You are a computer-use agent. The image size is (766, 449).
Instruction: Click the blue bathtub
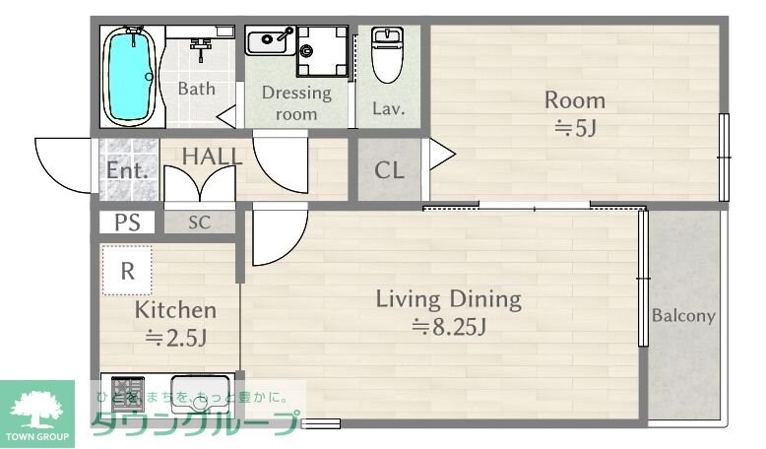pos(129,76)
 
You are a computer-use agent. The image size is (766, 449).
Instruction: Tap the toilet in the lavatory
pos(387,54)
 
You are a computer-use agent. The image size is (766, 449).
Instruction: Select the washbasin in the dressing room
pos(271,40)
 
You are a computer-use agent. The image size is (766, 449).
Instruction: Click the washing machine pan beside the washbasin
pos(322,51)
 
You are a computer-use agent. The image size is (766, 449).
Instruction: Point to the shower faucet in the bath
pos(200,49)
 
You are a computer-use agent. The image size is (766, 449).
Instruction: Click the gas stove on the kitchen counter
pos(128,392)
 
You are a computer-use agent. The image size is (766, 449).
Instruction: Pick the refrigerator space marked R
pos(127,270)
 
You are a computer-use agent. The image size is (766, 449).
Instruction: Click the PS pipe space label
pos(127,223)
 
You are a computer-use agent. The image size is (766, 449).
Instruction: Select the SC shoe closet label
pos(199,223)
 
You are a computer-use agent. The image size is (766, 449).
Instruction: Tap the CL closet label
pos(389,170)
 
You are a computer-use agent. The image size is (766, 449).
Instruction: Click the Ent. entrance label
pos(127,170)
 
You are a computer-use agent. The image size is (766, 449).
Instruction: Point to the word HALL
pos(212,157)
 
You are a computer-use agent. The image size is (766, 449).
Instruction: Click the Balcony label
pos(683,316)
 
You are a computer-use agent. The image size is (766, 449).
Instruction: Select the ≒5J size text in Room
pos(575,128)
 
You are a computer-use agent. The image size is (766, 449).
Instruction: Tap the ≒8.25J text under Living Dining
pos(448,327)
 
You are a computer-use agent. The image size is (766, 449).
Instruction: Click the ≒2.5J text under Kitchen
pos(176,338)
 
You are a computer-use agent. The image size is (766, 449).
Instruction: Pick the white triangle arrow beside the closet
pos(442,155)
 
